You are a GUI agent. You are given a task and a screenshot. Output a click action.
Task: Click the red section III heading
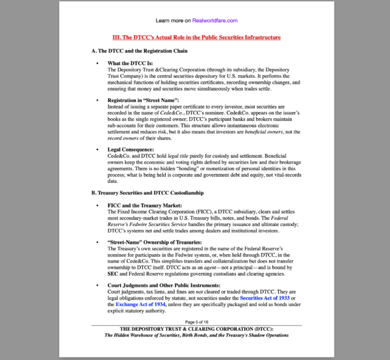click(197, 38)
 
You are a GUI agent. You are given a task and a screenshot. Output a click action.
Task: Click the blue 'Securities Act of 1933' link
click(266, 298)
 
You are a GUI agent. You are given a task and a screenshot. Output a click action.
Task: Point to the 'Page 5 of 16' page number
click(197, 322)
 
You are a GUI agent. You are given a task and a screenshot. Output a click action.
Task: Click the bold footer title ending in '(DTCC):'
click(196, 329)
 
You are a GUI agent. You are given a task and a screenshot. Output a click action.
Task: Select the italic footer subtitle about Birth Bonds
click(197, 336)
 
